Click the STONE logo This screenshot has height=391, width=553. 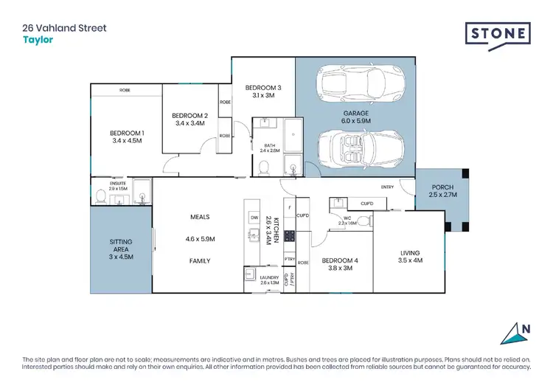point(498,34)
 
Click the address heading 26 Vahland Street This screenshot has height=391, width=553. point(64,28)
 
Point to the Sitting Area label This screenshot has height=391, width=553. point(120,246)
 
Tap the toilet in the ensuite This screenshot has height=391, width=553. point(101,196)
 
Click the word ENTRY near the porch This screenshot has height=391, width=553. point(388,187)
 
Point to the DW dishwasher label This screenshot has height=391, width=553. point(254,218)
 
